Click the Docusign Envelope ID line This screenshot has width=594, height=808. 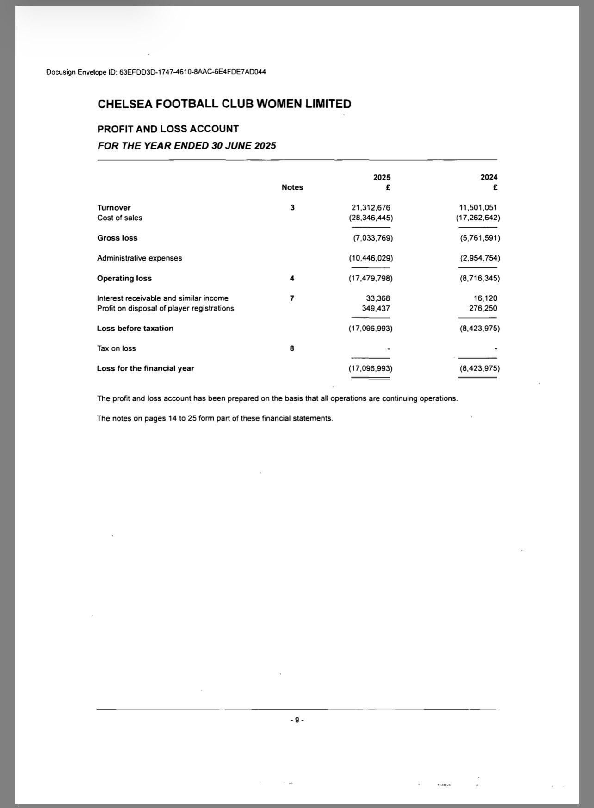(156, 72)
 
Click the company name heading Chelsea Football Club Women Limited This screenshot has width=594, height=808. (224, 104)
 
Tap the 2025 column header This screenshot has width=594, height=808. (382, 177)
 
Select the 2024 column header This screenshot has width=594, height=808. (489, 177)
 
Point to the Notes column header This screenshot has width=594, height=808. (292, 187)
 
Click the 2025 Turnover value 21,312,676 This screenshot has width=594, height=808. (371, 208)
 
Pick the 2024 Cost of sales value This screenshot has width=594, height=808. (478, 218)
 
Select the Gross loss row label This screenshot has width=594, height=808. (118, 238)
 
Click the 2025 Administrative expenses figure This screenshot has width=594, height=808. (371, 258)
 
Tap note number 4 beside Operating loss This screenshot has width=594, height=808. (292, 278)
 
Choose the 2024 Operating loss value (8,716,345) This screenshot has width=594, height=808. (480, 278)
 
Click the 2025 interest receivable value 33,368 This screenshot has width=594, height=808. (378, 298)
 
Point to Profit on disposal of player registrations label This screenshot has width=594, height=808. (166, 308)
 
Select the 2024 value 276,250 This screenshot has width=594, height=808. (483, 308)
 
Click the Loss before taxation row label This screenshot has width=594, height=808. (135, 329)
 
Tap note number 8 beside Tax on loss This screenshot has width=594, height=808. (292, 348)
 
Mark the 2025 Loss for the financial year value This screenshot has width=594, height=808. (371, 368)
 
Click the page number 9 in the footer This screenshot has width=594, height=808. (297, 720)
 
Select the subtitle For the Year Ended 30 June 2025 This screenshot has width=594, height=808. (187, 146)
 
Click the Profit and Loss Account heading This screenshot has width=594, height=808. (168, 129)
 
